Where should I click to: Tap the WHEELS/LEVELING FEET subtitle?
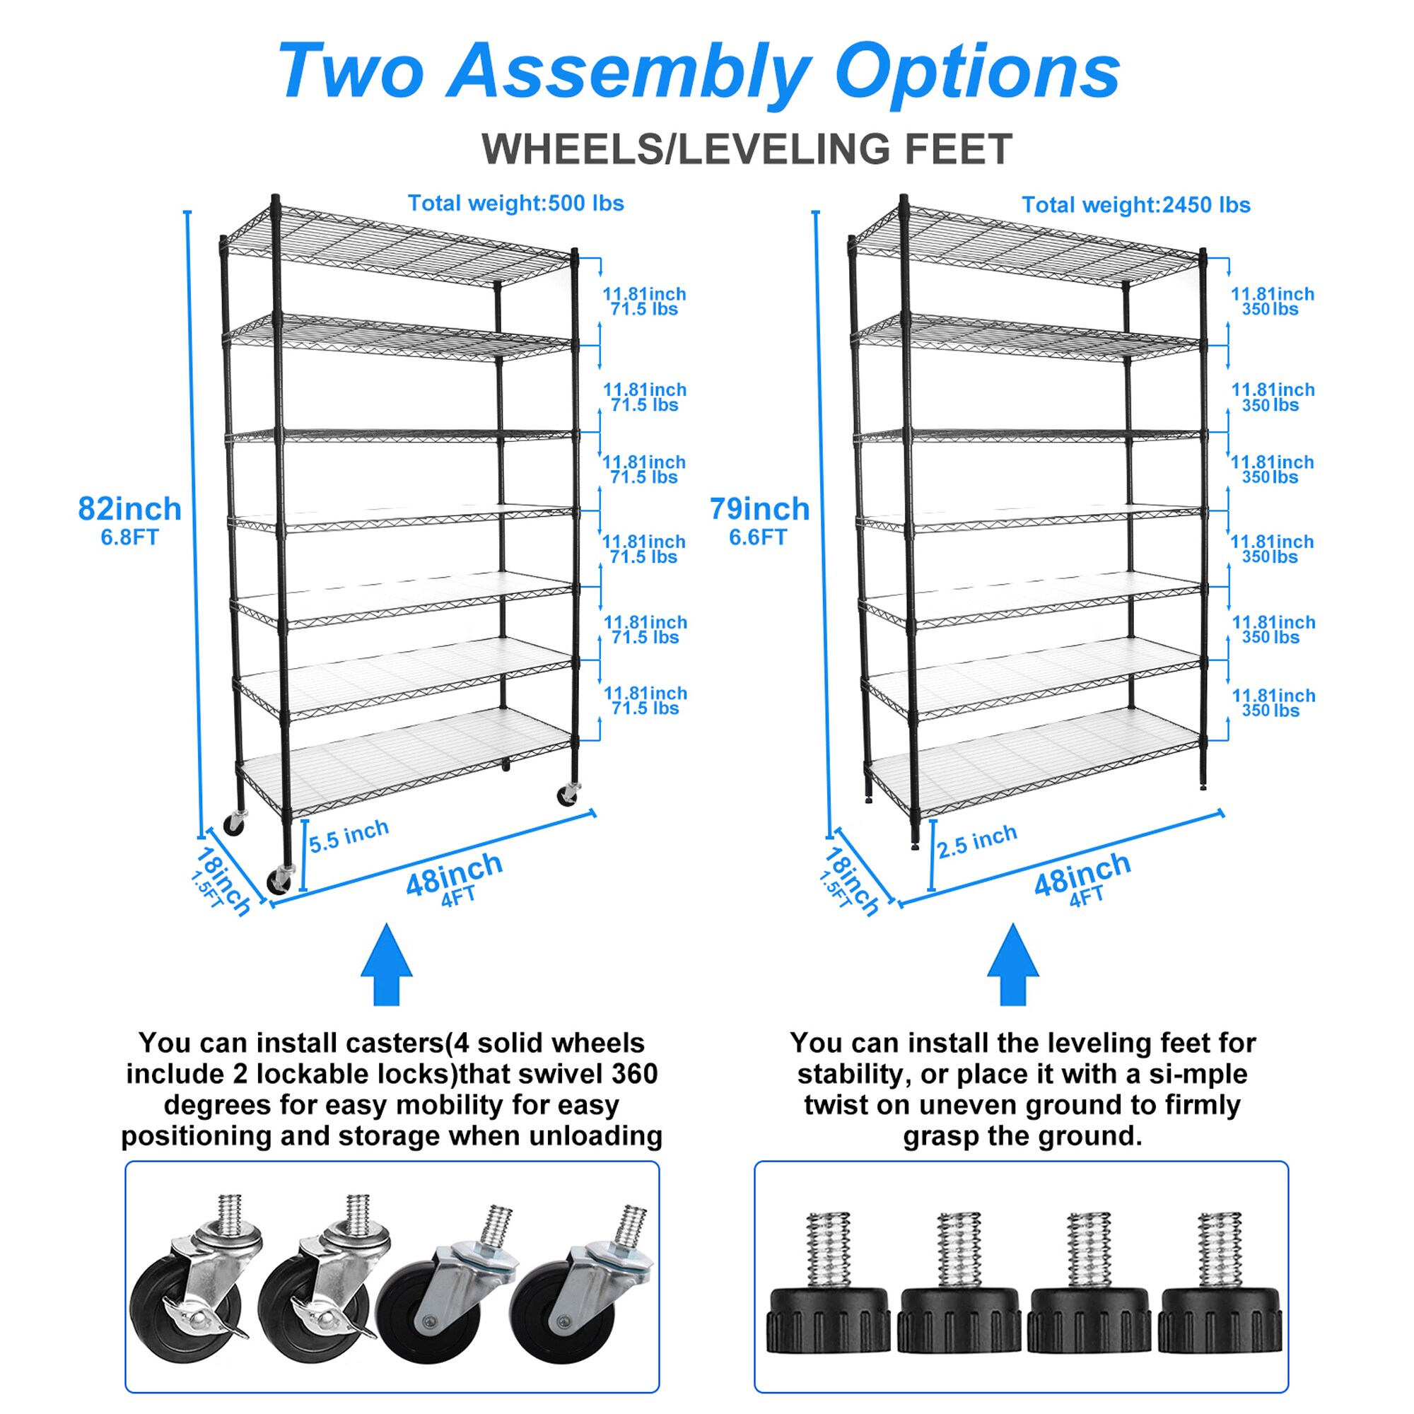pos(747,149)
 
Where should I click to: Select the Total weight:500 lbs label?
pos(515,204)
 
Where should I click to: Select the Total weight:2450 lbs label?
pos(1136,205)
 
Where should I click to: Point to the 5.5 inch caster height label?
pos(349,836)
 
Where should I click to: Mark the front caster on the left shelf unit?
pos(280,878)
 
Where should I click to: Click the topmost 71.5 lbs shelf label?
pos(644,310)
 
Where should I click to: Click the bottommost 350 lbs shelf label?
pos(1270,711)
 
